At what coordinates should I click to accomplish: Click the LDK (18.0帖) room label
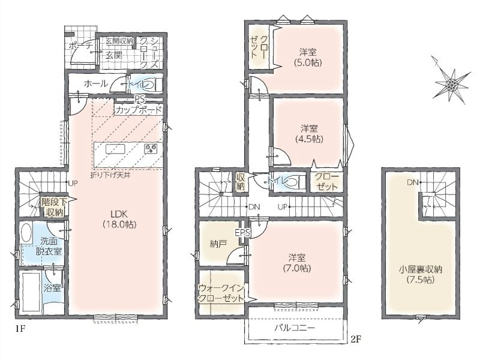pos(119,219)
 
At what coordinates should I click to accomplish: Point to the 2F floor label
pos(357,339)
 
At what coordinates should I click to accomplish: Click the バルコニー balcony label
pos(294,328)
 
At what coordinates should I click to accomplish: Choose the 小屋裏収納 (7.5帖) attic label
pos(421,274)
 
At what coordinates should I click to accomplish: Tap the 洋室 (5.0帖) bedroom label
pos(308,57)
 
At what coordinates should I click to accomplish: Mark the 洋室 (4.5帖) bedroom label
pos(309,133)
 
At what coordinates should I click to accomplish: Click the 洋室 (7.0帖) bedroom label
pos(296,263)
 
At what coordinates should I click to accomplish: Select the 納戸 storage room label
pos(218,244)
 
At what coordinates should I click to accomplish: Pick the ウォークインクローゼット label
pos(221,293)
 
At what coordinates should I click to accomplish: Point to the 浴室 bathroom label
pos(52,288)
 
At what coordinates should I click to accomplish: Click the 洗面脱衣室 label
pos(49,247)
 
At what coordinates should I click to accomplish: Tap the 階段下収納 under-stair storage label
pos(55,207)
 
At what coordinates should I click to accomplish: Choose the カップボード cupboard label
pos(139,110)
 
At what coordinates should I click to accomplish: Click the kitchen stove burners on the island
pos(150,148)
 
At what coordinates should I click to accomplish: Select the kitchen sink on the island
pos(115,149)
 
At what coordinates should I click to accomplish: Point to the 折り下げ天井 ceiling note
pos(110,176)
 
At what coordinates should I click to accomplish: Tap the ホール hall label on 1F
pos(96,83)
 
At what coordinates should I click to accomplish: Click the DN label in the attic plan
pos(412,182)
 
